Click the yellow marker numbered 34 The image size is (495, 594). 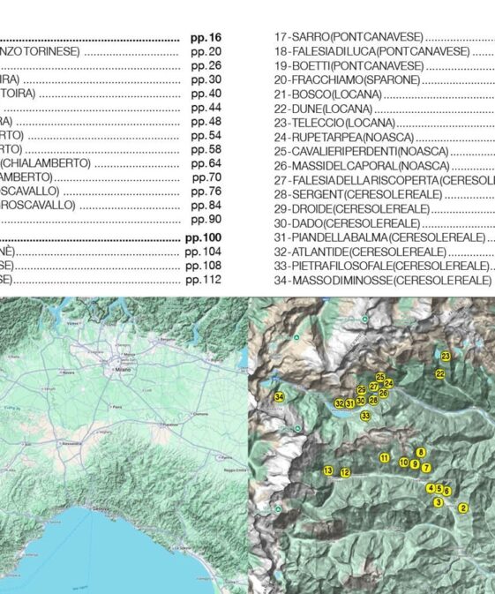280,398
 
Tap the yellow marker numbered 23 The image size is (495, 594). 446,356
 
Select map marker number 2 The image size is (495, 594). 463,508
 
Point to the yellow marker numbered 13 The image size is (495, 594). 328,470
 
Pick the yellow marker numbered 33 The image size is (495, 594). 365,415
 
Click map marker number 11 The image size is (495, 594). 384,457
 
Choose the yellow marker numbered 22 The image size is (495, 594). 439,373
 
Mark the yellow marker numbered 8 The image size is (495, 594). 420,452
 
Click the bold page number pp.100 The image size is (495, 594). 203,238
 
